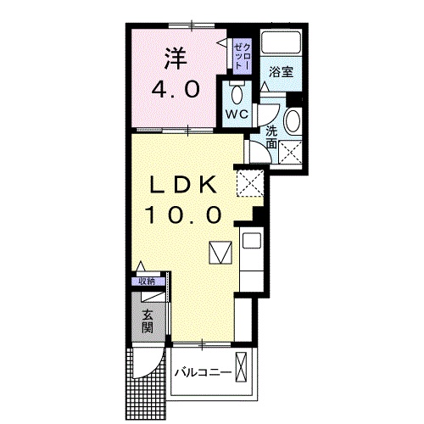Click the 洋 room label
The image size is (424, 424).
point(176,60)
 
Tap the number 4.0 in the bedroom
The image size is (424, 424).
point(176,89)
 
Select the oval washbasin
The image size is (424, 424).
point(293,121)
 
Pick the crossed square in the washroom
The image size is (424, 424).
point(292,154)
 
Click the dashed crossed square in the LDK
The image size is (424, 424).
point(250,181)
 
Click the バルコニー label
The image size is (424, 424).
point(204,373)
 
